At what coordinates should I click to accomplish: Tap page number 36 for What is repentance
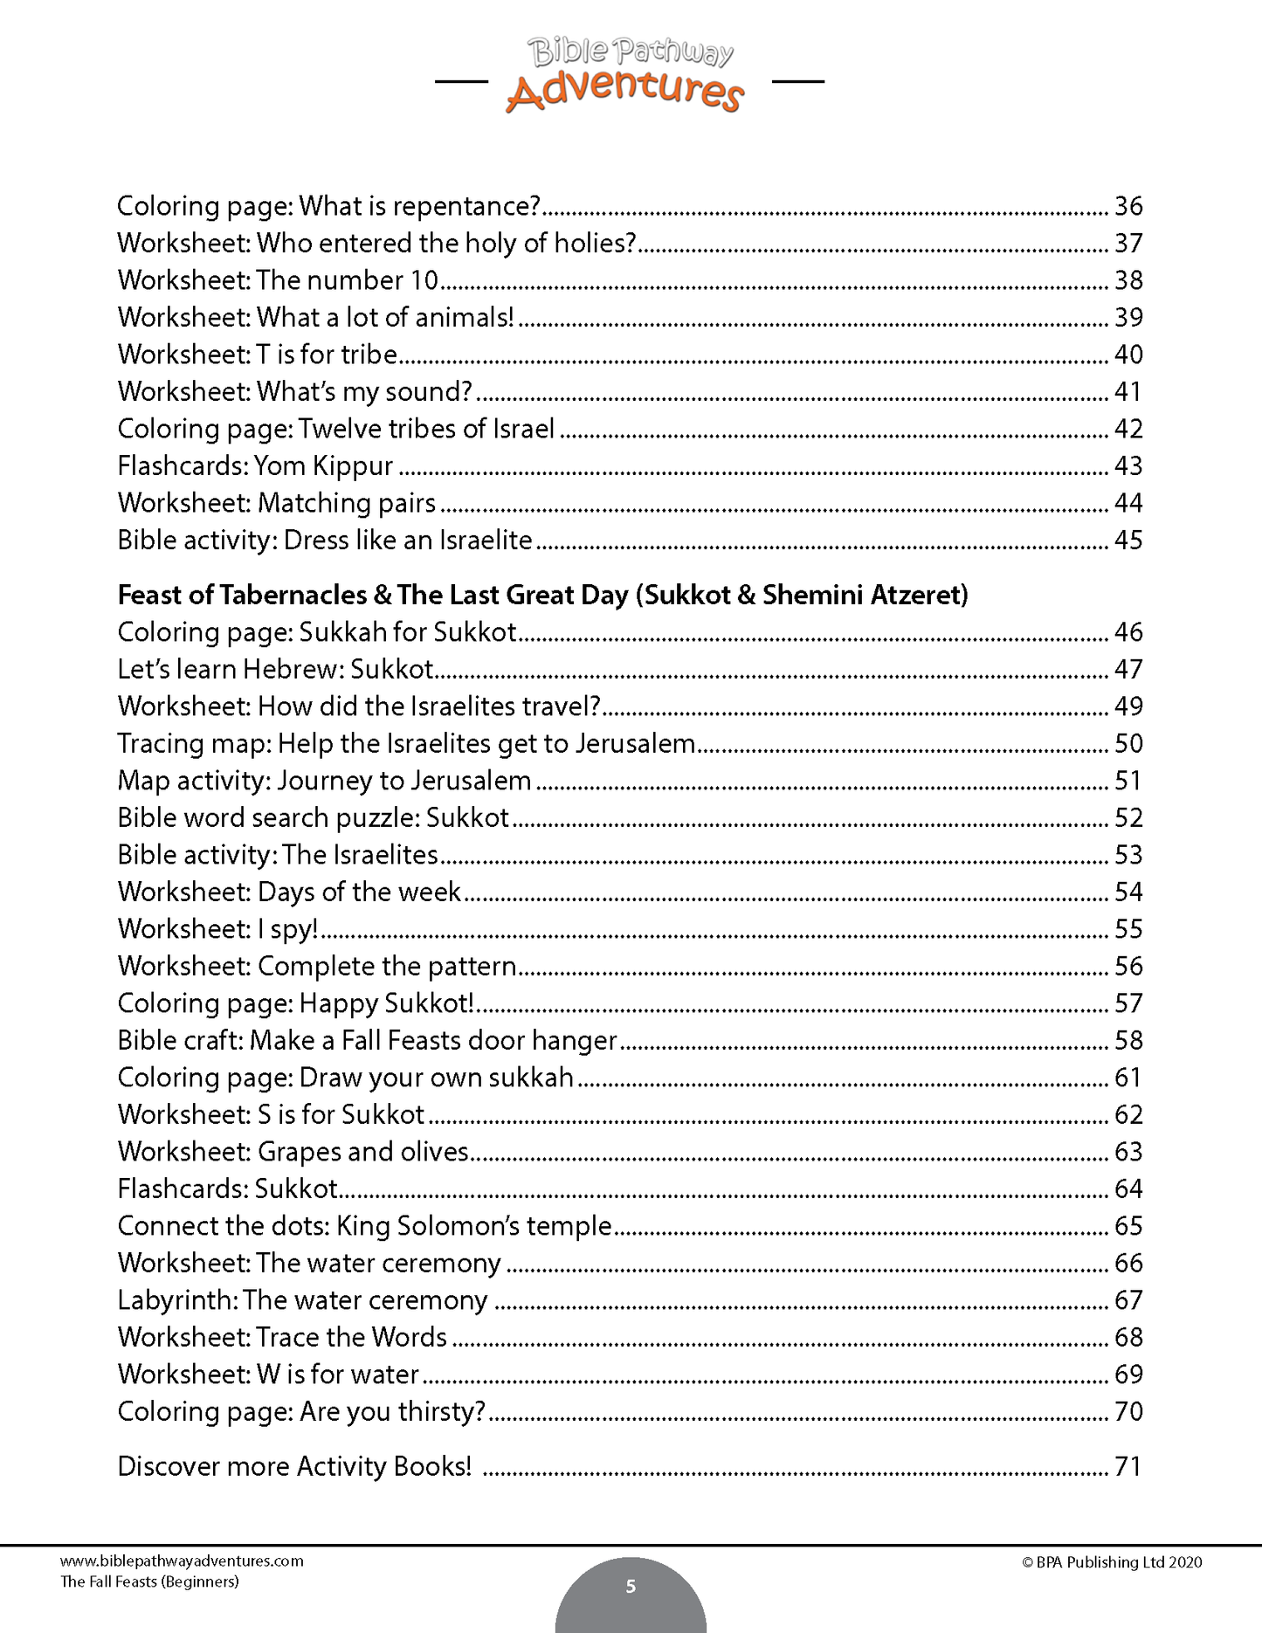point(1128,206)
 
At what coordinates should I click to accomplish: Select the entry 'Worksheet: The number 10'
point(278,280)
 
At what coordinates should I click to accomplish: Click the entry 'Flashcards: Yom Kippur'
point(255,466)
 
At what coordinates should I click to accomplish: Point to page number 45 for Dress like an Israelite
point(1128,541)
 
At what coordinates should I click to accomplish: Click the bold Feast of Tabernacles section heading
point(542,596)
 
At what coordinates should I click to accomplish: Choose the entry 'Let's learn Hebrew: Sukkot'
point(275,670)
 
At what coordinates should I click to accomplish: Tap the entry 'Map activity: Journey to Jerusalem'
point(324,781)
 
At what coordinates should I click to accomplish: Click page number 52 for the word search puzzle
point(1128,818)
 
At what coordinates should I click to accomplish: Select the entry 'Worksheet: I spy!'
point(217,929)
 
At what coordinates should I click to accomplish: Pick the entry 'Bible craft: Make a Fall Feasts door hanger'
point(367,1041)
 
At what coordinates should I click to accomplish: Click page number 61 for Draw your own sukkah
point(1128,1078)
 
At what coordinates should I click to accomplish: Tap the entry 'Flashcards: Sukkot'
point(227,1189)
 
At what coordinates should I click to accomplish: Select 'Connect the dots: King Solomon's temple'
point(364,1226)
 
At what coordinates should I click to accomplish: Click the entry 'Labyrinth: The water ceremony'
point(302,1300)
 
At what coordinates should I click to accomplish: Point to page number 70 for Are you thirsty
point(1128,1412)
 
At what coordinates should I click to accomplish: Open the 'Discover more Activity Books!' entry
point(294,1466)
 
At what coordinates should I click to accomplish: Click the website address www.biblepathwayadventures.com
point(182,1561)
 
